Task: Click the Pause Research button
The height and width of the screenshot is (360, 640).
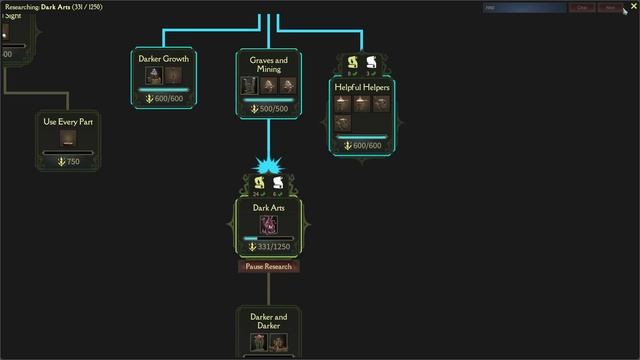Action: tap(268, 267)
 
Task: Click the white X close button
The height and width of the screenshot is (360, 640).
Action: tap(633, 6)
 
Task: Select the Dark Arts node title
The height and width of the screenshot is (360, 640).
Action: tap(268, 207)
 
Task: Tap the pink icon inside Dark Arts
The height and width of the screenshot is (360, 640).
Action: tap(268, 224)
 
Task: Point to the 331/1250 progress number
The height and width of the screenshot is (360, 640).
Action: tap(274, 247)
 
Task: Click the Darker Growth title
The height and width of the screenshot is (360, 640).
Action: tap(164, 59)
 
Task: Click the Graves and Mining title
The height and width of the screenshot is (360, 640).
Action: tap(268, 65)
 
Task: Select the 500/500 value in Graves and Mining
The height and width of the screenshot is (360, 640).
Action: tap(273, 108)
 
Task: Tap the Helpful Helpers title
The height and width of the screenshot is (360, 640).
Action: tap(362, 87)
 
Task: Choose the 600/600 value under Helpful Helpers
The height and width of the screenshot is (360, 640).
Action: tap(367, 146)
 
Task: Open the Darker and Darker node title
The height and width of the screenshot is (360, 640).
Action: tap(268, 321)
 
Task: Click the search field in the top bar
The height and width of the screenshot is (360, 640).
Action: tap(524, 7)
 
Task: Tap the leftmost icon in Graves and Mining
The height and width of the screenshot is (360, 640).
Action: tap(250, 86)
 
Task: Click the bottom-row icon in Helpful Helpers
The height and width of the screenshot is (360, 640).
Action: tap(344, 123)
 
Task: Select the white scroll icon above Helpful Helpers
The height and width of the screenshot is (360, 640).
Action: tap(372, 63)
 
